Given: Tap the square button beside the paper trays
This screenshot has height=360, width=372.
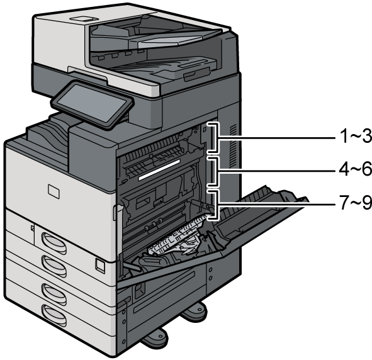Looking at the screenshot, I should tap(98, 265).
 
